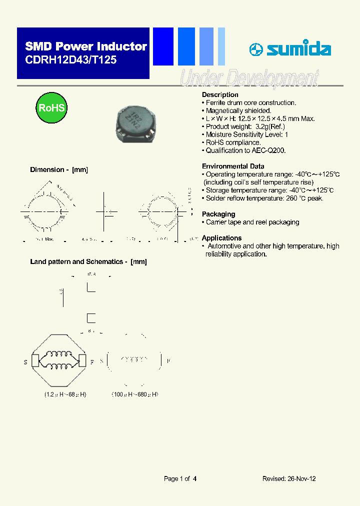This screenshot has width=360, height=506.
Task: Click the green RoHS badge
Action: [x=51, y=107]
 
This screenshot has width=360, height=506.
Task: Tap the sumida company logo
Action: [x=290, y=49]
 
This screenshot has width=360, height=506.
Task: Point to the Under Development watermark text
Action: [x=248, y=78]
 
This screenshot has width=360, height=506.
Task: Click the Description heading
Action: [x=220, y=94]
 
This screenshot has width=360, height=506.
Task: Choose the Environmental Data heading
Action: [x=233, y=166]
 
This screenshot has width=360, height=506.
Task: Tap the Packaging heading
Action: [x=218, y=214]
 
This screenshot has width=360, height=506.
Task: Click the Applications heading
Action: [x=221, y=238]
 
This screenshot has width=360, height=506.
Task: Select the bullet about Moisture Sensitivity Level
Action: [x=246, y=134]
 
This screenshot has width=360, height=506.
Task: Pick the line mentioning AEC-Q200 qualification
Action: [x=245, y=150]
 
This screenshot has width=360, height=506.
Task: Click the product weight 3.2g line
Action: [x=245, y=126]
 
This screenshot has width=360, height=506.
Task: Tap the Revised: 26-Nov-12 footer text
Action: [x=289, y=478]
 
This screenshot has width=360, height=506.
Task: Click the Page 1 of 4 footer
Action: [x=180, y=478]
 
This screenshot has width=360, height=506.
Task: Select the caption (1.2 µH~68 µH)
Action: [x=64, y=394]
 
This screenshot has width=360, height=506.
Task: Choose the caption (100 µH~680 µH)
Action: [x=134, y=394]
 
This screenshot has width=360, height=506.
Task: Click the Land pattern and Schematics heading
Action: [x=88, y=261]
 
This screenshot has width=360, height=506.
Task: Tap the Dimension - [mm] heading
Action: [x=59, y=169]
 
